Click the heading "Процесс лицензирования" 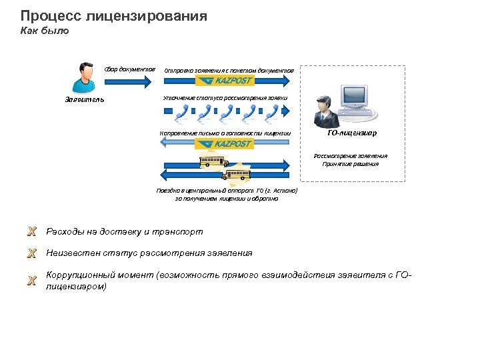pos(113,15)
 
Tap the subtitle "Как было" pos(44,31)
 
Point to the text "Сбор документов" pos(129,69)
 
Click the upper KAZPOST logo pos(225,81)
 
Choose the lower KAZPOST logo pos(224,143)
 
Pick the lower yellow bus pos(237,175)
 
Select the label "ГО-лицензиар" pos(352,133)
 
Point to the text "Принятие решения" pos(350,164)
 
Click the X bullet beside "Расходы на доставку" pos(31,232)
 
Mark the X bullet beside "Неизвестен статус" pos(31,253)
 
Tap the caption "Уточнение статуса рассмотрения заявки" pos(225,98)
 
